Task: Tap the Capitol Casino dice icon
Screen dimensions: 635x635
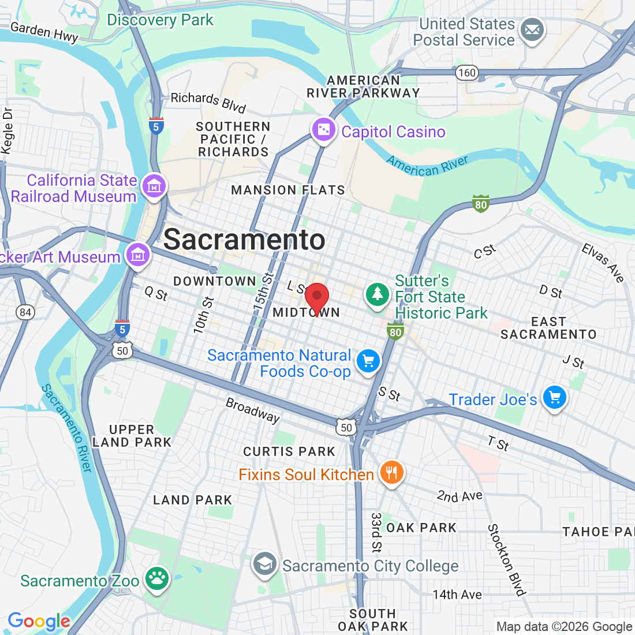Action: tap(323, 130)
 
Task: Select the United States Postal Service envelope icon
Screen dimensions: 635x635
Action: tap(532, 30)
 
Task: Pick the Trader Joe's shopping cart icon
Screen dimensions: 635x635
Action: tap(555, 397)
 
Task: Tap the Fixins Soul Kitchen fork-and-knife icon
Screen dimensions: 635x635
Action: tap(391, 473)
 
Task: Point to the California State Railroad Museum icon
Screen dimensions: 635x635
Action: tap(154, 186)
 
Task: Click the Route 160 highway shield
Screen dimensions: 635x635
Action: tap(466, 72)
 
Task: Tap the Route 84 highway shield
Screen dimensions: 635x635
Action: tap(25, 312)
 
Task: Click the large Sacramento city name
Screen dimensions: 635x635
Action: tap(244, 240)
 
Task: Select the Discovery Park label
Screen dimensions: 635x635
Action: tap(160, 20)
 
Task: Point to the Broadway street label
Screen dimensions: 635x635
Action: tap(252, 409)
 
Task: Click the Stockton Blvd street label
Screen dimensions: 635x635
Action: tap(506, 559)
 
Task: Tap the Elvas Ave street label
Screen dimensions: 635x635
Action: tap(603, 263)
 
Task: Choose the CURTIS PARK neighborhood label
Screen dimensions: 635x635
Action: tap(289, 451)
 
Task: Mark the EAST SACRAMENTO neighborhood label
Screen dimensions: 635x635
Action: tap(548, 328)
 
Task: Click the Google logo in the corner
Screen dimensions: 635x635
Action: tap(39, 621)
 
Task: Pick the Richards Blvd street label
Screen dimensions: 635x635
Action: tap(208, 102)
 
